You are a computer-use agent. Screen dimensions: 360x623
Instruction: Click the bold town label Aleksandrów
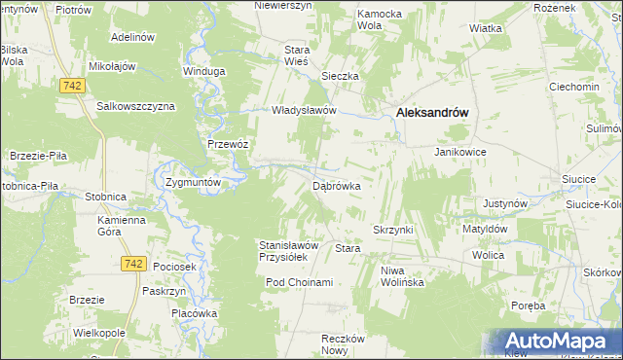[x=432, y=113]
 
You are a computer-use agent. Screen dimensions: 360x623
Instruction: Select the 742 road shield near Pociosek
[x=135, y=264]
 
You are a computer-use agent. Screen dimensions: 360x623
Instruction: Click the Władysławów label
[x=303, y=110]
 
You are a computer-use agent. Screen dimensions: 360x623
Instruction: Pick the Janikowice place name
[x=459, y=153]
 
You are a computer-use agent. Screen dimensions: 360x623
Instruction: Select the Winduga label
[x=204, y=71]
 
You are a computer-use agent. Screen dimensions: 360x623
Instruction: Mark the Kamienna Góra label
[x=121, y=226]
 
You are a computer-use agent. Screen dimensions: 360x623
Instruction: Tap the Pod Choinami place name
[x=300, y=282]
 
